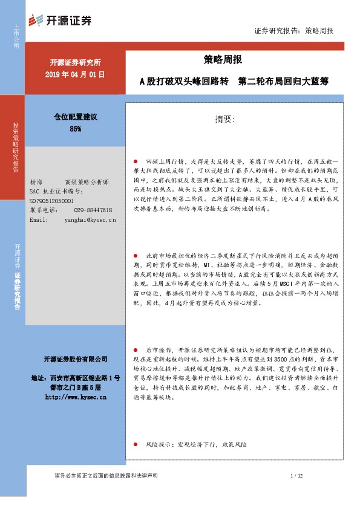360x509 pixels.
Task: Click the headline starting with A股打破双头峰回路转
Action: [x=234, y=80]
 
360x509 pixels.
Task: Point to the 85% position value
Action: [x=76, y=129]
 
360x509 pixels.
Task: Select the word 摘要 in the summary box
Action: [x=224, y=120]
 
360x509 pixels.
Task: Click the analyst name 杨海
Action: [x=36, y=182]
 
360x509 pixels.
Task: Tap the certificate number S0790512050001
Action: [x=51, y=201]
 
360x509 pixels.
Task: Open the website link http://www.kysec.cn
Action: [x=76, y=397]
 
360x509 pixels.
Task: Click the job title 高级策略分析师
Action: [x=86, y=182]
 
